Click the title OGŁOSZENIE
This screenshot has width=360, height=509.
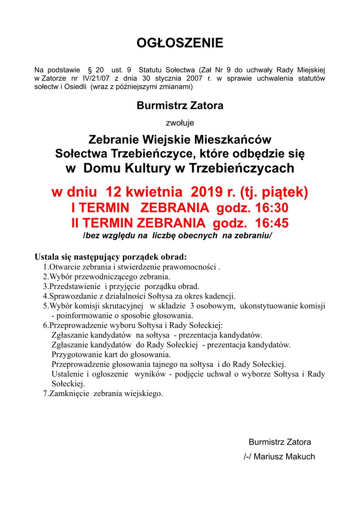point(180,43)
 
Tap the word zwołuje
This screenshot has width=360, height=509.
point(180,122)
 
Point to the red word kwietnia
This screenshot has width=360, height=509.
point(146,192)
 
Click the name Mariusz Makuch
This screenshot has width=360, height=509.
point(284,456)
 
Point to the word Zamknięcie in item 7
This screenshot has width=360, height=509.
point(70,393)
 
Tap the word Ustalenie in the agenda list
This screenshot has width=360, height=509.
point(67,374)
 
